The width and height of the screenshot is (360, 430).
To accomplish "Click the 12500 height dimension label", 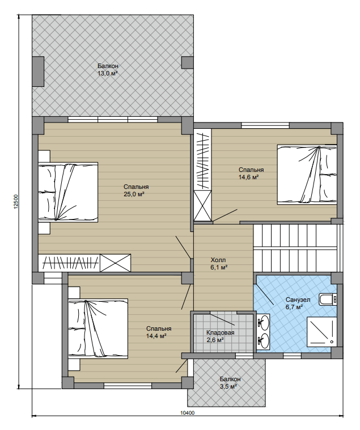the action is pos(16,202).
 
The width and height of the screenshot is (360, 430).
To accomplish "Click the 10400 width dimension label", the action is pos(188,413).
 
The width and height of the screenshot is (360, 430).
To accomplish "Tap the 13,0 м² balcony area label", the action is pos(108,73).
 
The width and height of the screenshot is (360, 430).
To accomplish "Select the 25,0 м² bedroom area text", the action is pos(134,194).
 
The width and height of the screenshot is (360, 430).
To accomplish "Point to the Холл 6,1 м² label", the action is pos(219,264).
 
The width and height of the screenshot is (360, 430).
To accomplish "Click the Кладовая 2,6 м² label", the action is pos(221,336).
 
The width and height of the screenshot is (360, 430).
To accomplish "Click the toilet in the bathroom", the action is pos(328,300).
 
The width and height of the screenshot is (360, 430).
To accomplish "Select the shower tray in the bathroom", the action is pos(321,332).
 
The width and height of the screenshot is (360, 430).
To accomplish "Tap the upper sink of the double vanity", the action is pos(264,322).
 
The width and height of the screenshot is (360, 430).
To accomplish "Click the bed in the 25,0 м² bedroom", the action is pos(68,192).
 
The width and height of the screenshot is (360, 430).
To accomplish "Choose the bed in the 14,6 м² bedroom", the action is pos(307,175).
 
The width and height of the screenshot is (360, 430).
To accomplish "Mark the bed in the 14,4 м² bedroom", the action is pos(98,328).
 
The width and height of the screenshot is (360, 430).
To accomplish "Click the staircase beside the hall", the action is pos(298,248).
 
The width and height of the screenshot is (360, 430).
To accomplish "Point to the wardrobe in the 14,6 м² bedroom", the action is pos(203,175).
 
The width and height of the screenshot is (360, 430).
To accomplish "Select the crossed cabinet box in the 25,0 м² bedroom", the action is pos(115,263).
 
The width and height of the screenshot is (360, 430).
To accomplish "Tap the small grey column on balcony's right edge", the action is pos(188,62).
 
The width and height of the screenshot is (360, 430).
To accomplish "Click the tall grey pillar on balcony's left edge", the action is pos(38,71).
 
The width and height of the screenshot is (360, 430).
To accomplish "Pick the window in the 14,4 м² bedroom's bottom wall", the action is pos(128,386).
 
